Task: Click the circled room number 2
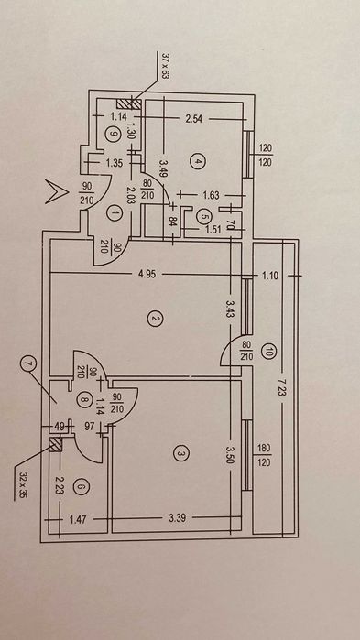click(x=156, y=320)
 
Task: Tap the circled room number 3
click(x=180, y=452)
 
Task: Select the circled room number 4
click(x=199, y=162)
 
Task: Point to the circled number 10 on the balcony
click(x=267, y=352)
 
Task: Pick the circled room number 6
click(x=82, y=486)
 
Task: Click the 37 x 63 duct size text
click(x=165, y=65)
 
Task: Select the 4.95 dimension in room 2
click(x=147, y=274)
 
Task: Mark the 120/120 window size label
click(x=266, y=155)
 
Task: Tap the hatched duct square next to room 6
click(x=55, y=444)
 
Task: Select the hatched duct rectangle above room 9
click(x=129, y=103)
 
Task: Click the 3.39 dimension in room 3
click(x=176, y=519)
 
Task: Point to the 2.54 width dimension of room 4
click(x=195, y=119)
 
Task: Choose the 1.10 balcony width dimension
click(x=270, y=276)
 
